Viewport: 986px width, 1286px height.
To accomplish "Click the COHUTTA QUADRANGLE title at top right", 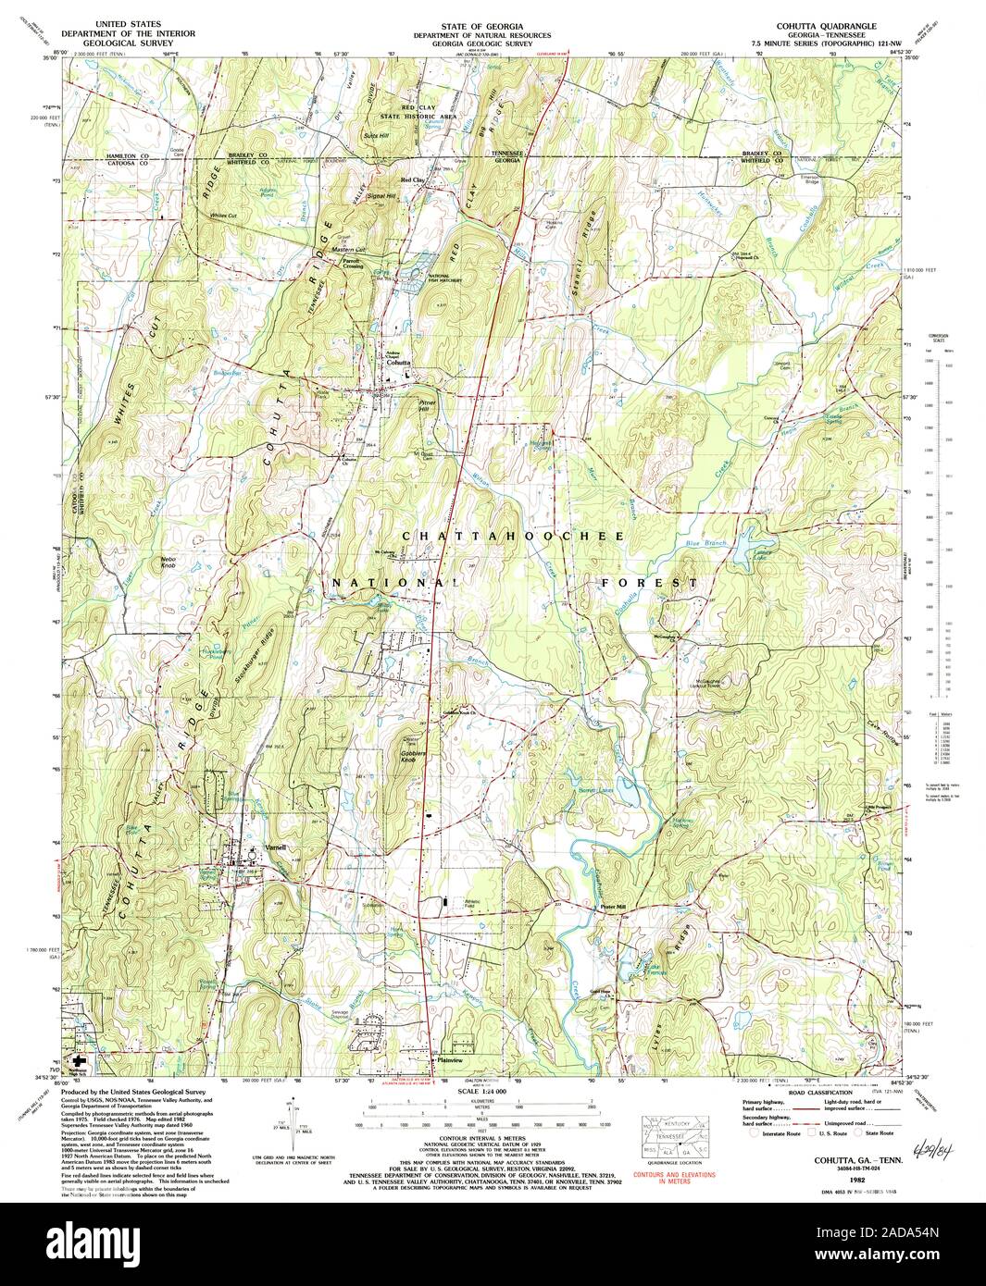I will [x=818, y=25].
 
